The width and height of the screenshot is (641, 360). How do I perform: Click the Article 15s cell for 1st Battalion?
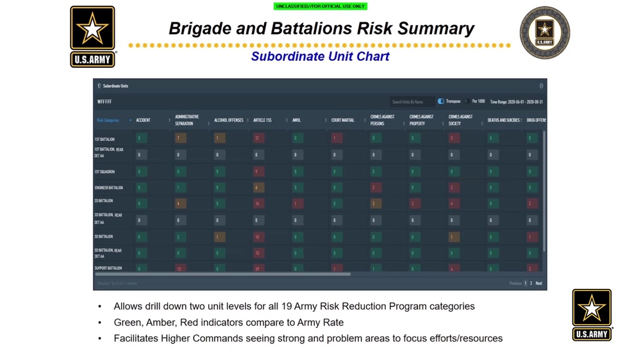tap(258, 138)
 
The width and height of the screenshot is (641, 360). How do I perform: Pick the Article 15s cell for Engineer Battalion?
tap(258, 188)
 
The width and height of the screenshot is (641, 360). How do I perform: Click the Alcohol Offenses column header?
tap(228, 120)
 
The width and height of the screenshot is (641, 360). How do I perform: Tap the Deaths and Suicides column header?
tap(503, 120)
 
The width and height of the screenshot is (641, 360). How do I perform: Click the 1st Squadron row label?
tap(104, 172)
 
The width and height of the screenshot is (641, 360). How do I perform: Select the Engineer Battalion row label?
tap(108, 188)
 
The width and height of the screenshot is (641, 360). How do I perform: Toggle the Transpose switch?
tap(441, 101)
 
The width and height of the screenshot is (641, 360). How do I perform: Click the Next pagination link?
tap(538, 283)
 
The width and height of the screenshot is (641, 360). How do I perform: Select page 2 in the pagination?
tap(531, 283)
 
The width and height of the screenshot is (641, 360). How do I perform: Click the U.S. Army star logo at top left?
tap(92, 37)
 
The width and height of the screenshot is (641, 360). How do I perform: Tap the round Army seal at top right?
tap(544, 33)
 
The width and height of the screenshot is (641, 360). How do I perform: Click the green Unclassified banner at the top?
tap(320, 6)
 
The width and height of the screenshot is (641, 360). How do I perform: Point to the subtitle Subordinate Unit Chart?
tap(320, 56)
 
